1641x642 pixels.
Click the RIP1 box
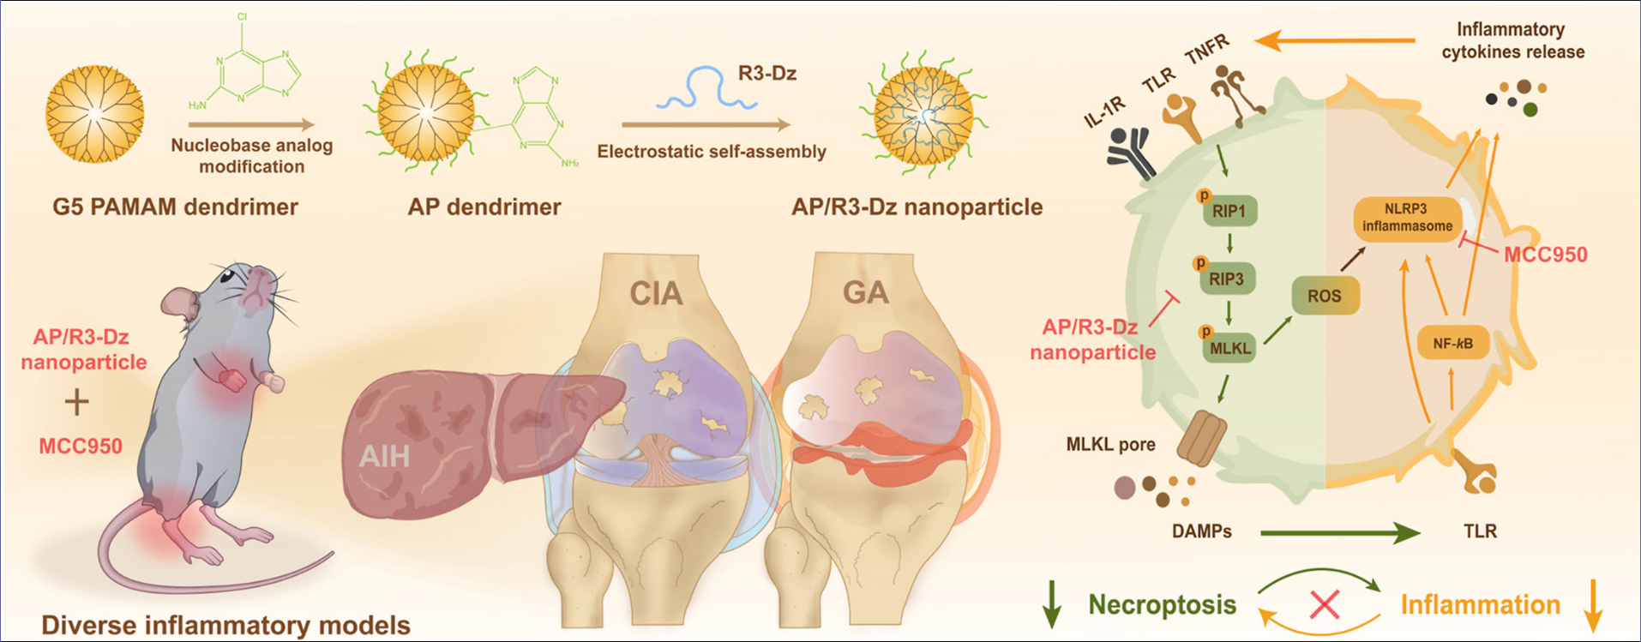point(1229,211)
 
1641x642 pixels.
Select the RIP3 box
point(1227,279)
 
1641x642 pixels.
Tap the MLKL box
point(1230,348)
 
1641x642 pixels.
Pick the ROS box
point(1325,296)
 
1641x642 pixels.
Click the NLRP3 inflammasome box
point(1407,218)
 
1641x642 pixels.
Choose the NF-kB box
point(1452,344)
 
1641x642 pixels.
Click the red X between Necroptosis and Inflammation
point(1325,604)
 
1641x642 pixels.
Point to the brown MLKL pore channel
point(1202,438)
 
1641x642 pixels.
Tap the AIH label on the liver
point(384,455)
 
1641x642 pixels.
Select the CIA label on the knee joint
point(656,294)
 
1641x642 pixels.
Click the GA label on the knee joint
point(865,292)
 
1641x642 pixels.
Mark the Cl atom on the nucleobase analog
point(243,17)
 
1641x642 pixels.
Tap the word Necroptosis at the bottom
point(1162,604)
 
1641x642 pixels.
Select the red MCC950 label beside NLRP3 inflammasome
point(1546,255)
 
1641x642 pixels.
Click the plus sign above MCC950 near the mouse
point(77,401)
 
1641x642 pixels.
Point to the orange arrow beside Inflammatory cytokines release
point(1334,40)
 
